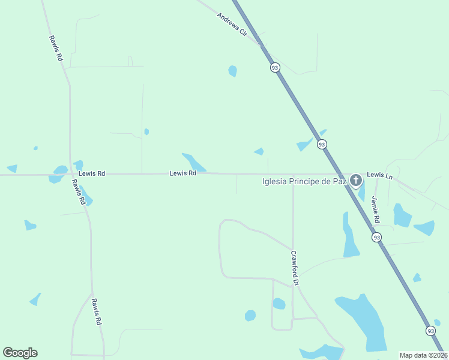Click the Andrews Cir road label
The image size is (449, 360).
pos(232,25)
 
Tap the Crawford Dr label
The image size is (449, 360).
pos(295,267)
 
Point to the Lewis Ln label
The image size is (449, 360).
pos(379,175)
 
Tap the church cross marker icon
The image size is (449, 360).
pos(356,180)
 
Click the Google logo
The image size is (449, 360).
pos(20,353)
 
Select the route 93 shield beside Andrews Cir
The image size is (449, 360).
pos(275,68)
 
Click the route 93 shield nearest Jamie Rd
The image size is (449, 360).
pos(376,238)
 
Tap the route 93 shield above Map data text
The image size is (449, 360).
pos(431,331)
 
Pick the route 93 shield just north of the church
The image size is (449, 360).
pos(322,144)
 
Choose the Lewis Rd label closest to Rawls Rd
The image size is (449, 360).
pos(92,173)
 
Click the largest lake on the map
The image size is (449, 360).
pos(363,321)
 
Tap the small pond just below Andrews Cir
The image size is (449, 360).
pos(232,71)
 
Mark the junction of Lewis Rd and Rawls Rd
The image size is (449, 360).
pos(71,175)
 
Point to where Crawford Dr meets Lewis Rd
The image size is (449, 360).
pos(293,175)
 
